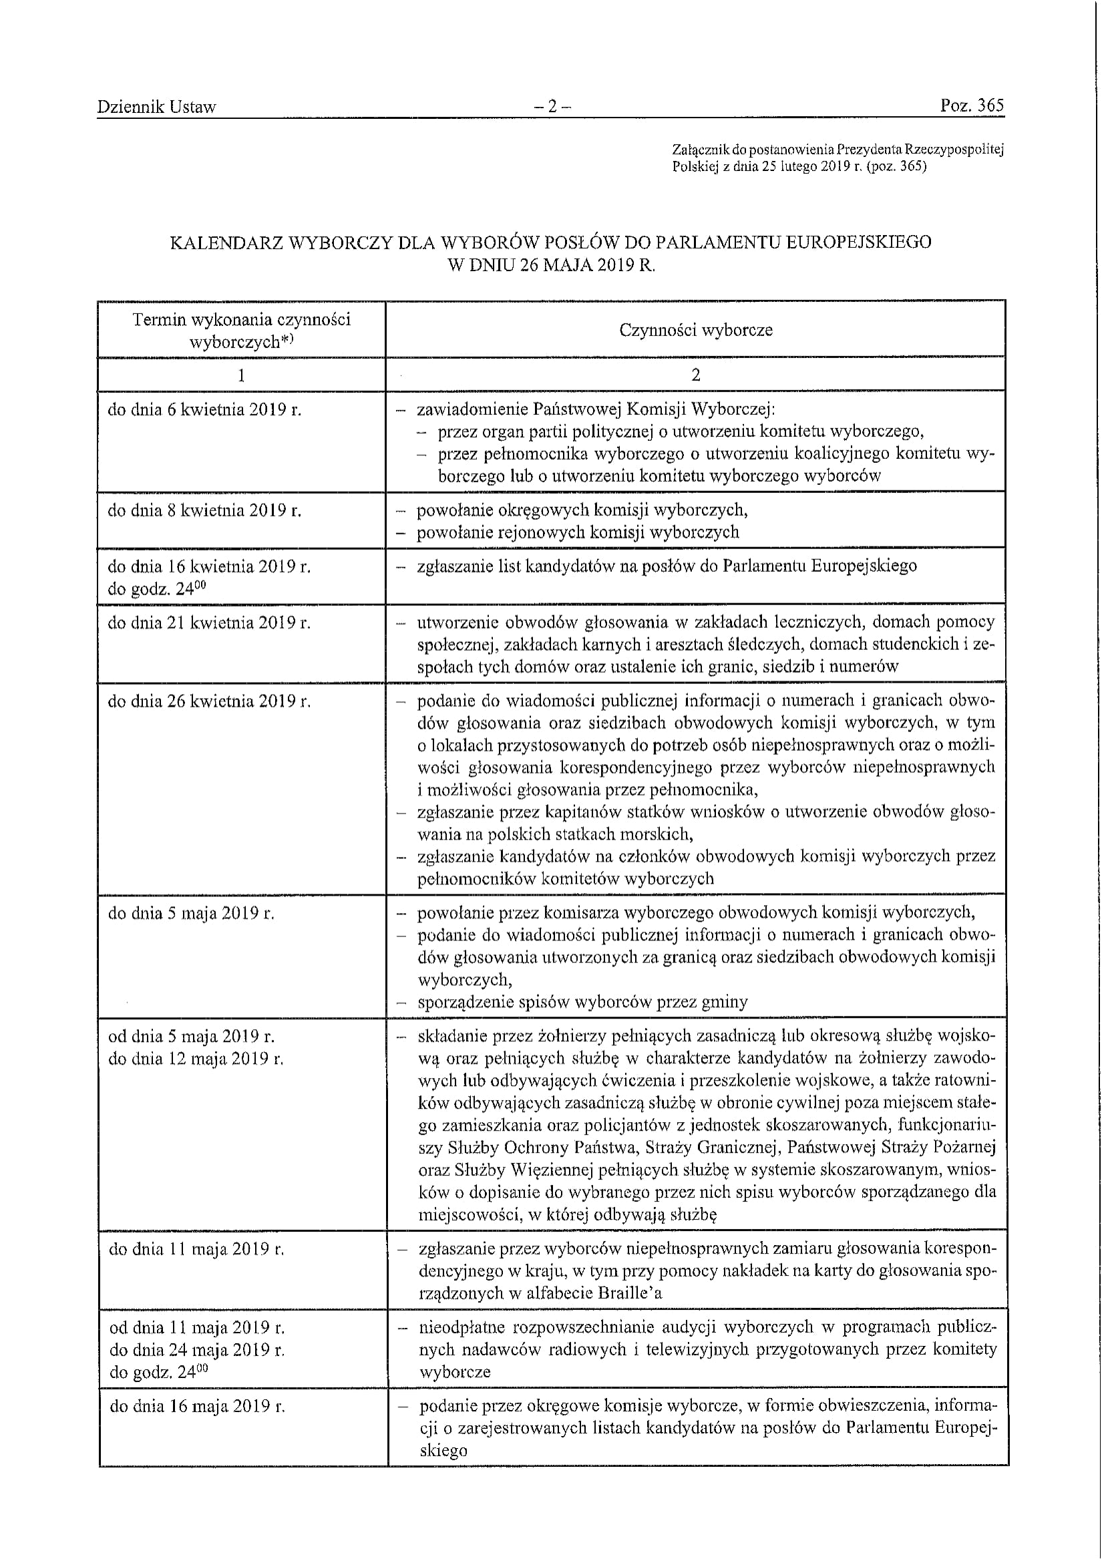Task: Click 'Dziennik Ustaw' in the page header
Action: pyautogui.click(x=156, y=107)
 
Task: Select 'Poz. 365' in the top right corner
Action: pyautogui.click(x=972, y=106)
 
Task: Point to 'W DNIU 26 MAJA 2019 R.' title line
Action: pyautogui.click(x=551, y=266)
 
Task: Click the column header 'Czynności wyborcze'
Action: pyautogui.click(x=695, y=331)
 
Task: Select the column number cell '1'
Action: pyautogui.click(x=241, y=375)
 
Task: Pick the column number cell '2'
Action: pyautogui.click(x=695, y=375)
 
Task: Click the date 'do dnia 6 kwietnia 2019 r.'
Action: pyautogui.click(x=204, y=410)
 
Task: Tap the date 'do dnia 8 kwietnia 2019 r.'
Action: pyautogui.click(x=204, y=510)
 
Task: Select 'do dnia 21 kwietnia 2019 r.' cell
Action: pyautogui.click(x=209, y=623)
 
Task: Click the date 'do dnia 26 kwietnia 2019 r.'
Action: pyautogui.click(x=209, y=701)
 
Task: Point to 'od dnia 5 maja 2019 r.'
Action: pyautogui.click(x=192, y=1037)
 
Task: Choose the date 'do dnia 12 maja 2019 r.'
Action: pyautogui.click(x=196, y=1060)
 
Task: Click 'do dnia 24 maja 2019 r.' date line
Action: pyautogui.click(x=197, y=1350)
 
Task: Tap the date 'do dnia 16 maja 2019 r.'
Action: pyautogui.click(x=197, y=1407)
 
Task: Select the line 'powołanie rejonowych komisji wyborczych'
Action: pyautogui.click(x=578, y=532)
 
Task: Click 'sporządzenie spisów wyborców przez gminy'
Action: pyautogui.click(x=582, y=1002)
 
